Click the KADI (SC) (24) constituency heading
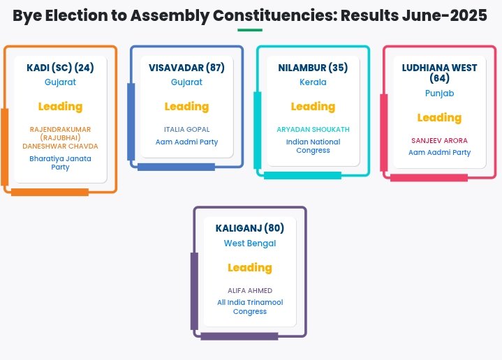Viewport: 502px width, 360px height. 60,68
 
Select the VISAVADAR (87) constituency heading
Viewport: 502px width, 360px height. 186,68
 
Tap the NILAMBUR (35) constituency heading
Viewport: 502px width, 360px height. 313,68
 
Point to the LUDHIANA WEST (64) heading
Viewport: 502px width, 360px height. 439,73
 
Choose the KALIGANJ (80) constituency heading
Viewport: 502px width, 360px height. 250,228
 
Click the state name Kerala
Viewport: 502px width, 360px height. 313,82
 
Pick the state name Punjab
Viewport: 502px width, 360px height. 439,93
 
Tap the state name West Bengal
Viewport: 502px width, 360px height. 250,243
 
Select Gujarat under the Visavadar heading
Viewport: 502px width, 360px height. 186,82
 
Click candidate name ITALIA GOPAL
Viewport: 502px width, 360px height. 186,130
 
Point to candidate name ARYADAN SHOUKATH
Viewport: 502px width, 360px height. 313,130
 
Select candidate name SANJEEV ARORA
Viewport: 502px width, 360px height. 439,140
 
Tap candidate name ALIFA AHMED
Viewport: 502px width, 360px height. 250,290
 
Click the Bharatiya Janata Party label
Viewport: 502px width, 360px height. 60,163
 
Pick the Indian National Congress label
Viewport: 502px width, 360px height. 313,146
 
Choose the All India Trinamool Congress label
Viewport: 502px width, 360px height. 250,307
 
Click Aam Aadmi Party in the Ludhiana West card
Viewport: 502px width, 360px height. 439,153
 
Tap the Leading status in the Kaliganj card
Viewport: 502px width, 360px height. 250,267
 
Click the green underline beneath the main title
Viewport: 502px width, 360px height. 250,30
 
